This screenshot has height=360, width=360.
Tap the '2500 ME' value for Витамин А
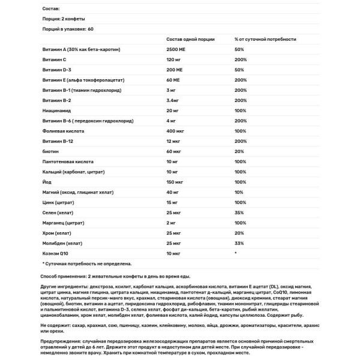pyautogui.click(x=177, y=50)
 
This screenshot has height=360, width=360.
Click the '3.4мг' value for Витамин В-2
pyautogui.click(x=175, y=100)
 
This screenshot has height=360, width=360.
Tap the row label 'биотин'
pyautogui.click(x=50, y=151)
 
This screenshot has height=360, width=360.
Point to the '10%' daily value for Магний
pyautogui.click(x=239, y=192)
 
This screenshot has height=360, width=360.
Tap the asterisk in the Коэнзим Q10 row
pyautogui.click(x=236, y=253)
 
